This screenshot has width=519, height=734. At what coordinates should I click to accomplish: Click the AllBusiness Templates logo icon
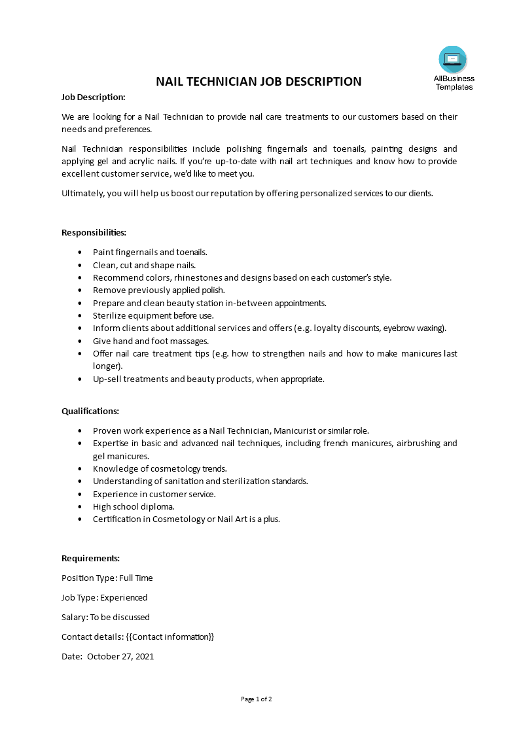coord(453,60)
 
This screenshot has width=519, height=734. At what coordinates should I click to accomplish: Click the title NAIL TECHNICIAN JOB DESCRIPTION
coord(259,82)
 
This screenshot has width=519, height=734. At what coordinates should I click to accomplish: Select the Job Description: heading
coord(93,97)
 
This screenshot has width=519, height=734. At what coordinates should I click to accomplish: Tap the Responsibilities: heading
coord(94,232)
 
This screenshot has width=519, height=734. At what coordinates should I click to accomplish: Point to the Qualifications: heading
coord(90,411)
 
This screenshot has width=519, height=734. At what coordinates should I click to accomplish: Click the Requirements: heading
coord(90,558)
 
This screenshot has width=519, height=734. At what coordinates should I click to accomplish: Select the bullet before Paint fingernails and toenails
coord(80,252)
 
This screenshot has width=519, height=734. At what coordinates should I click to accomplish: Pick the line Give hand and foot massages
coord(151,341)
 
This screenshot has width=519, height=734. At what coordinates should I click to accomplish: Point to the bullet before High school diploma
coord(80,506)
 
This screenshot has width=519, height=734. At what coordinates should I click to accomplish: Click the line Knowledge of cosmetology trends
coord(160,468)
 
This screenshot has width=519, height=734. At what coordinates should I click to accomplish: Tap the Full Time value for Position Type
coord(135,578)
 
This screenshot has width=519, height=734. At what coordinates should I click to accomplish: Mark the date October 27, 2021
coord(120,656)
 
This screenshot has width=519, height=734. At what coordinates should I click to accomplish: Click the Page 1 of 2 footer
coord(257,699)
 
